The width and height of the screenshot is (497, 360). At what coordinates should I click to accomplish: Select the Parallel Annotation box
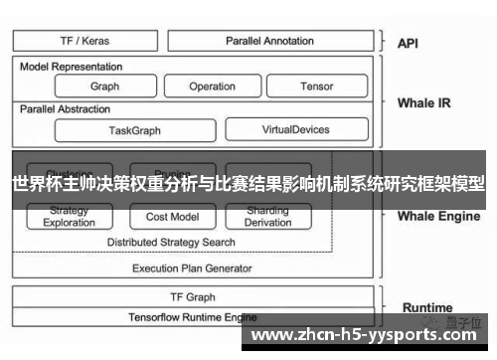click(269, 41)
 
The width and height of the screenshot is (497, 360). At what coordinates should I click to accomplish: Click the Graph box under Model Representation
click(103, 87)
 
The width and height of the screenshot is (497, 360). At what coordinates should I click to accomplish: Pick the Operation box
click(212, 87)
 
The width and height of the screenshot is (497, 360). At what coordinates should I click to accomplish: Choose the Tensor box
click(316, 87)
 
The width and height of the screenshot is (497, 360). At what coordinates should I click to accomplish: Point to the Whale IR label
click(423, 102)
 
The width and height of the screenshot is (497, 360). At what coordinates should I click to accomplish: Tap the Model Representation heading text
click(72, 67)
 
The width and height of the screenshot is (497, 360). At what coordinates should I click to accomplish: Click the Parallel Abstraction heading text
click(66, 109)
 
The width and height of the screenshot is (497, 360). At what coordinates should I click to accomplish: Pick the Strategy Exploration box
click(69, 217)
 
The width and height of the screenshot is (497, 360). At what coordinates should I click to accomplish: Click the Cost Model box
click(171, 217)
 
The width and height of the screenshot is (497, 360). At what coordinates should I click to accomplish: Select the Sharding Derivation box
click(267, 217)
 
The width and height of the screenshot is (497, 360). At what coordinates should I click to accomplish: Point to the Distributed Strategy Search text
click(171, 242)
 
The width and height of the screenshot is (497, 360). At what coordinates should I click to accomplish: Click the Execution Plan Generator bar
click(192, 268)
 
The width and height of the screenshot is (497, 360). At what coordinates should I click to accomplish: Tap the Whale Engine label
click(438, 216)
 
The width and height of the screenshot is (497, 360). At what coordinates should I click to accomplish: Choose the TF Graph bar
click(192, 296)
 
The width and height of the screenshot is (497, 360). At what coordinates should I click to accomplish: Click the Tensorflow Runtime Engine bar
click(192, 317)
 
